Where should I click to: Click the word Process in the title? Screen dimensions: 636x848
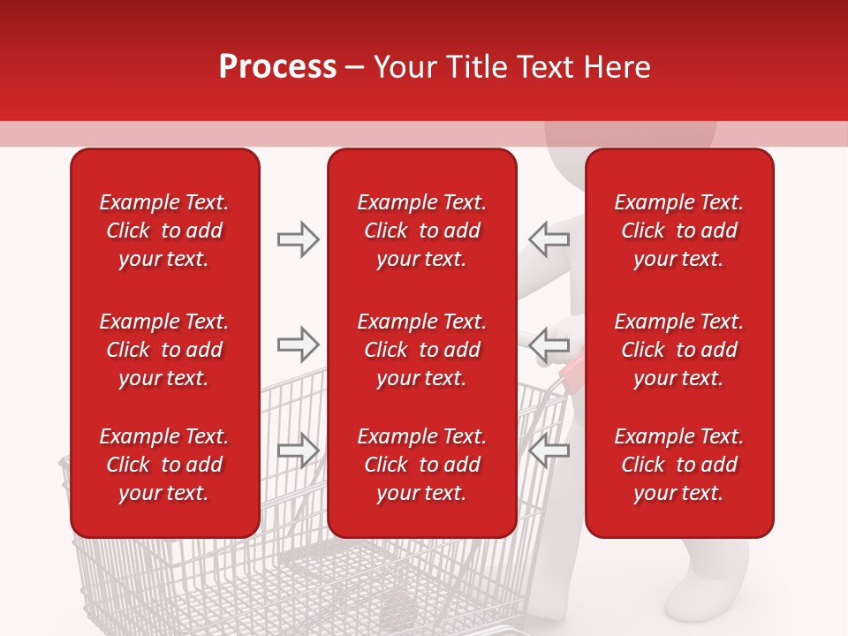[x=277, y=67]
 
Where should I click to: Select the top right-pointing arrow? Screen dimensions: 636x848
[x=298, y=239]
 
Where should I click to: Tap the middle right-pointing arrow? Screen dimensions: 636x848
[x=298, y=344]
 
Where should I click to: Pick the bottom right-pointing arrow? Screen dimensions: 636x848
[x=298, y=450]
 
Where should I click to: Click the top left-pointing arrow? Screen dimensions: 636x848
[x=549, y=239]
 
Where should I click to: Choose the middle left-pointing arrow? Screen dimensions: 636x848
[x=549, y=344]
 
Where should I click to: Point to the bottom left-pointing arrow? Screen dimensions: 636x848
[x=549, y=450]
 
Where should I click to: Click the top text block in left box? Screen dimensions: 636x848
[x=164, y=231]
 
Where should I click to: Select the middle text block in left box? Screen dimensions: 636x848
[x=164, y=350]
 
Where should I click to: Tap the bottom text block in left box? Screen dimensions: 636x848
[x=164, y=465]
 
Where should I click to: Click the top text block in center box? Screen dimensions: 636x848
[x=421, y=231]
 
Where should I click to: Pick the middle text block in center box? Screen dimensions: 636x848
[x=421, y=350]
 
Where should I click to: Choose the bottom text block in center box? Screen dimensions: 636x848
[x=421, y=465]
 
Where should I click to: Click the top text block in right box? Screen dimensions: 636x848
[x=678, y=231]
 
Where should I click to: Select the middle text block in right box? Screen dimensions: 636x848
[x=678, y=350]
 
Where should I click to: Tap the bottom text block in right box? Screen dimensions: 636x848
[x=678, y=465]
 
